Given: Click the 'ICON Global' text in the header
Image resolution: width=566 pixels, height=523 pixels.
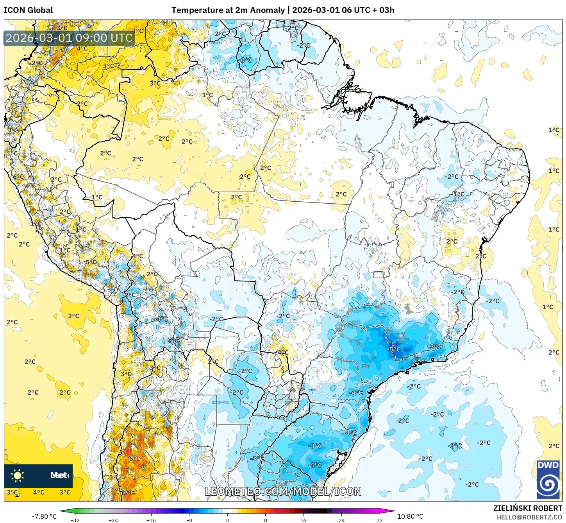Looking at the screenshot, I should click(28, 10).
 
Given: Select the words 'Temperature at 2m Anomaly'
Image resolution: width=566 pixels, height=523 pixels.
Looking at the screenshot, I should click(228, 10).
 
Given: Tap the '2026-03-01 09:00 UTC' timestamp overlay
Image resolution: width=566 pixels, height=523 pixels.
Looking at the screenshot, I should click(69, 38).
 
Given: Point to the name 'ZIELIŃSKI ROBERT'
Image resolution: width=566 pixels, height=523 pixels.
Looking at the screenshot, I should click(527, 508).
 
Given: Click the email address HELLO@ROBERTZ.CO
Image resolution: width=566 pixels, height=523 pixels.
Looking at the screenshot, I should click(529, 517).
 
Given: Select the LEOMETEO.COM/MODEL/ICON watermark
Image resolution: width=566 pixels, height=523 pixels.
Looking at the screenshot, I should click(283, 491).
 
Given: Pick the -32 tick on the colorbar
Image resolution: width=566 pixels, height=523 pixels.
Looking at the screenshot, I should click(75, 520).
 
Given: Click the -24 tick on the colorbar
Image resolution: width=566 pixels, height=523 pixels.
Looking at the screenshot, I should click(113, 520).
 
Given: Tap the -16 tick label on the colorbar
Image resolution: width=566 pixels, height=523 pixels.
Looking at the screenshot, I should click(151, 520).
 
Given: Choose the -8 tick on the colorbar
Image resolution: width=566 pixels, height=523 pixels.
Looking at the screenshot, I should click(189, 520).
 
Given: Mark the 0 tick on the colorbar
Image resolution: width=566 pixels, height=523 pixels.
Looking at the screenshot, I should click(228, 520).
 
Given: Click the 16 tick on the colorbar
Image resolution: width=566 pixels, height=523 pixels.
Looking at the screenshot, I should click(304, 520).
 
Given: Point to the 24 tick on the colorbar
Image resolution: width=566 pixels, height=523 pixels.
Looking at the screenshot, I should click(341, 520).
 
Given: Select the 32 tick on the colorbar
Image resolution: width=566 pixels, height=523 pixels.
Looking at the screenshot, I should click(380, 520).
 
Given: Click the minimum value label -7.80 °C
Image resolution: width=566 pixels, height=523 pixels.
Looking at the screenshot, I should click(44, 516).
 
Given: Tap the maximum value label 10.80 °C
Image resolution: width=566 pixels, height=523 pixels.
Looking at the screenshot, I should click(410, 516).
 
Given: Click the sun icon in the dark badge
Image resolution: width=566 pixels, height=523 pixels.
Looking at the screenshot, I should click(17, 476).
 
